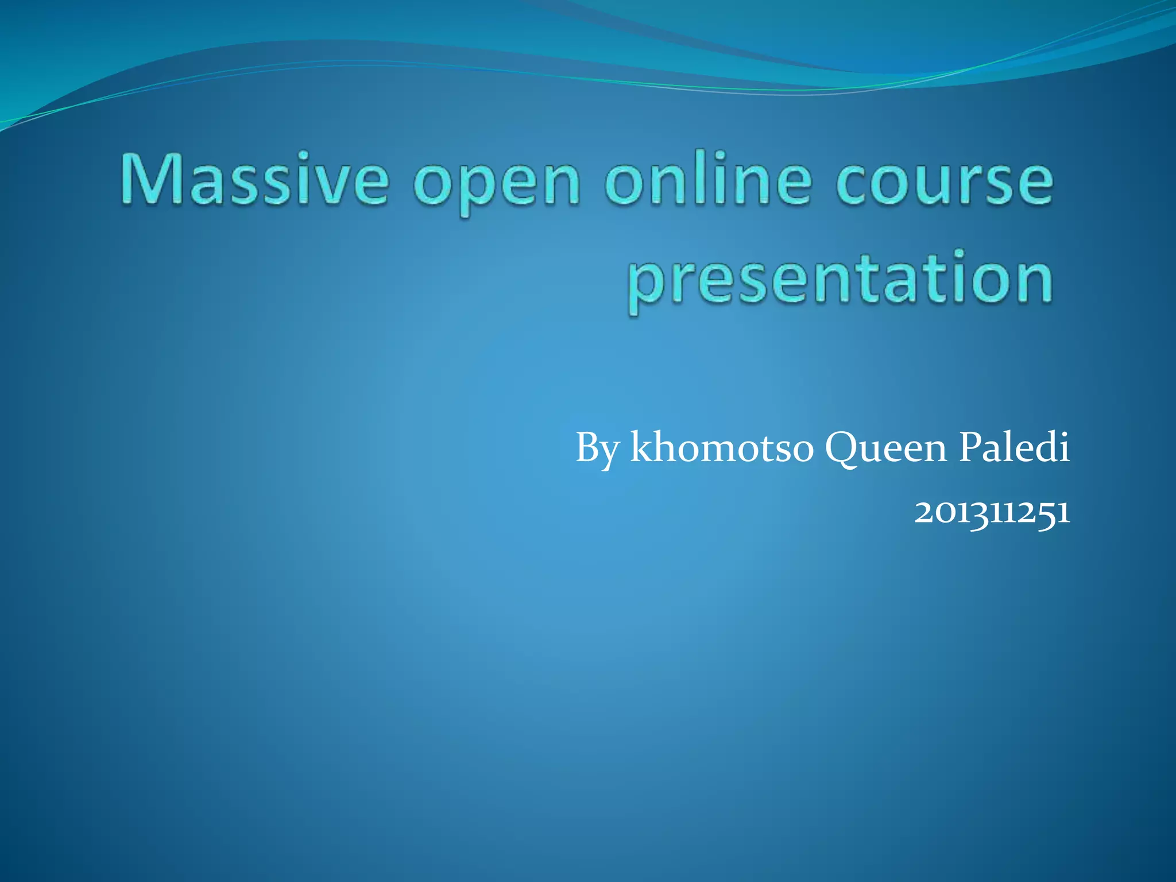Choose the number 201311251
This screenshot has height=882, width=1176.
[x=992, y=512]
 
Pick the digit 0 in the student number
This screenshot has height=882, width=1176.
[x=941, y=512]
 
